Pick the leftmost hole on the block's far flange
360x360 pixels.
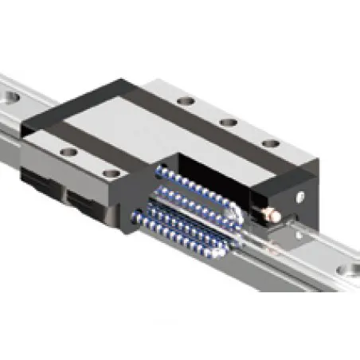click(186, 102)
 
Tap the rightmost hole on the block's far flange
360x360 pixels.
click(272, 143)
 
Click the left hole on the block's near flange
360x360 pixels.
click(68, 151)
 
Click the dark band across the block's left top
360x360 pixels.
click(72, 112)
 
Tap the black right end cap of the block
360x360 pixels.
click(275, 187)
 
